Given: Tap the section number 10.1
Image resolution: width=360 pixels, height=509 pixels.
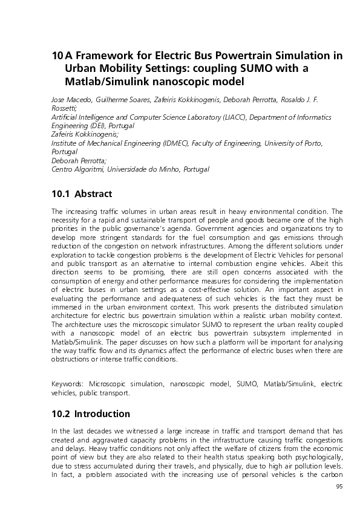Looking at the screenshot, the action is (x=59, y=194).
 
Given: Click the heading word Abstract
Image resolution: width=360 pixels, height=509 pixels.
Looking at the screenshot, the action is (x=93, y=194).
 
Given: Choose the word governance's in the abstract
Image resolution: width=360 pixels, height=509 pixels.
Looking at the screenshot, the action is (x=176, y=230).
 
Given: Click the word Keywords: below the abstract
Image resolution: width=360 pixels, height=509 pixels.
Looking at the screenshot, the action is (x=68, y=383).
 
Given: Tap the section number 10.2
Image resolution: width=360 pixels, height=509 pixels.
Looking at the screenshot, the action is (x=59, y=414).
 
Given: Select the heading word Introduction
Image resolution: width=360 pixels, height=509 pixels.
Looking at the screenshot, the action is (x=102, y=414).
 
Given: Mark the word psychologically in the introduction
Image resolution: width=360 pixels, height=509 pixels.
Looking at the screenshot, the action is (x=318, y=457).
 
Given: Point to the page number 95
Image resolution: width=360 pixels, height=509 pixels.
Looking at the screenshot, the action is (x=339, y=486).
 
